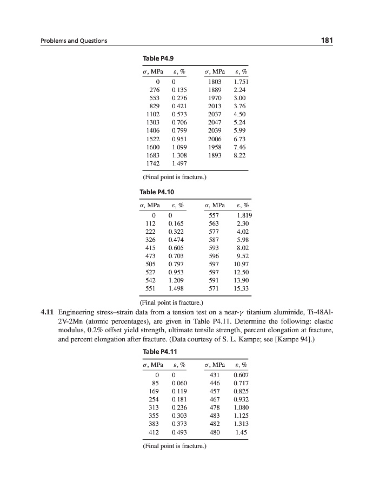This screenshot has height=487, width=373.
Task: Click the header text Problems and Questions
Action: (74, 41)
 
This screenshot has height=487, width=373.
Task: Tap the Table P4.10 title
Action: (158, 192)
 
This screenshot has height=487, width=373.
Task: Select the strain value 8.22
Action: (240, 154)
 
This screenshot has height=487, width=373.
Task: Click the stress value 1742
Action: (153, 162)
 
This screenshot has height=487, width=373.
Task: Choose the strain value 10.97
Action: (239, 265)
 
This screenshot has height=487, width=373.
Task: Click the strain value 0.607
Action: (240, 375)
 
